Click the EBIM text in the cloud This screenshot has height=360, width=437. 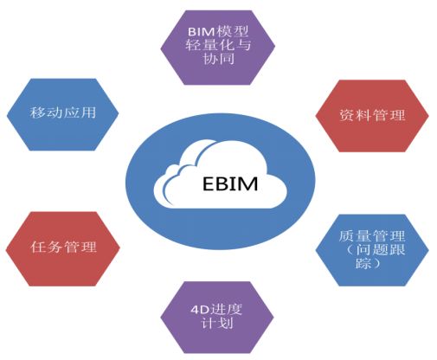click(230, 183)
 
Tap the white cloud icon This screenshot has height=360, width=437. click(221, 174)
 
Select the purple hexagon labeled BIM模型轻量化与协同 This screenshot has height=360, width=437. click(218, 48)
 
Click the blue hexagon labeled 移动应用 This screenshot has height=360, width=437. click(63, 114)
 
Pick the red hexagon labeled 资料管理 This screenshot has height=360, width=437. click(372, 116)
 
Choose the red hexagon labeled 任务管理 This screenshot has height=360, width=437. click(63, 248)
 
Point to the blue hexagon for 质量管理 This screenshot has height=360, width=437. click(372, 250)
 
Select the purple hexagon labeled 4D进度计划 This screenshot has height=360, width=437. click(217, 318)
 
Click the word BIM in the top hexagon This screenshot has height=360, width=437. click(202, 31)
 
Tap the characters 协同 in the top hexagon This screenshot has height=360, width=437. click(218, 59)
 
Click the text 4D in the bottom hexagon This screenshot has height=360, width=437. click(199, 310)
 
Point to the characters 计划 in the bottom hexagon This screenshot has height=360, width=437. click(217, 323)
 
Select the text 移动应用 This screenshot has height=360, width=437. click(63, 112)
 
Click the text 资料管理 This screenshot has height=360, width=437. click(372, 115)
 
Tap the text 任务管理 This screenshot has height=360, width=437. click(63, 247)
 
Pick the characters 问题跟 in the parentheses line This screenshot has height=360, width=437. click(380, 249)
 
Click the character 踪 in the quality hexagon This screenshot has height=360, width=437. click(363, 263)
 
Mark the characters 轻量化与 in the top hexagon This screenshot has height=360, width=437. click(218, 45)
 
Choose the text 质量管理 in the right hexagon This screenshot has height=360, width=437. click(372, 236)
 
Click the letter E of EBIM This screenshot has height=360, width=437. click(209, 183)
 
